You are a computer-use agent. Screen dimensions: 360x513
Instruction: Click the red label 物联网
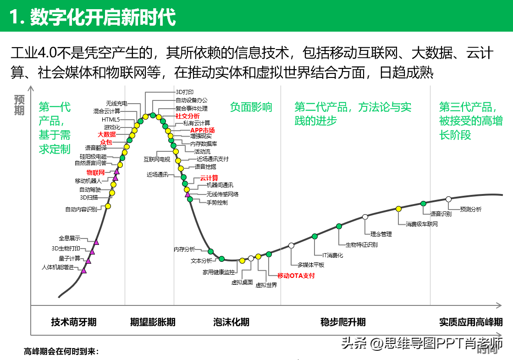pos(96,172)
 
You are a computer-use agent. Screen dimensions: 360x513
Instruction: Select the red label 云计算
pos(209,177)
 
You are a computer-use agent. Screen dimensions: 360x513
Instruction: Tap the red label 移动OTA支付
pos(296,276)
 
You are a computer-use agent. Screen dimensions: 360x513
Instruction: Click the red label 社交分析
pos(188,116)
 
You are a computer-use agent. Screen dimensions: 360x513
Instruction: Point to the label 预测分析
pos(471,209)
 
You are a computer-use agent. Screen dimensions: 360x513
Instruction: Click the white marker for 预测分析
pos(449,199)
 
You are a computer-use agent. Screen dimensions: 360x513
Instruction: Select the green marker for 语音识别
pos(424,203)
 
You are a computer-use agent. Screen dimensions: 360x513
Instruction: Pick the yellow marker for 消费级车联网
pos(399,209)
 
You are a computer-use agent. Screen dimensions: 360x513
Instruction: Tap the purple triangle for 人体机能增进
pos(83,271)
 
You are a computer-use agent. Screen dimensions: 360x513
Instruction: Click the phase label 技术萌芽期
pos(74,321)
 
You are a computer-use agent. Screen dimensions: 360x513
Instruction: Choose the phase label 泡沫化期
pos(232,321)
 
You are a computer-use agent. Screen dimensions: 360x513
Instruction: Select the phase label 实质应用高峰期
pos(471,321)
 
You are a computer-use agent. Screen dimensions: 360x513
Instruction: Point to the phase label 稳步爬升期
pos(343,321)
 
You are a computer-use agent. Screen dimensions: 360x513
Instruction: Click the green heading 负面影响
pos(251,107)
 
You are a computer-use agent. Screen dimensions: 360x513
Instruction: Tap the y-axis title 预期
pos(19,105)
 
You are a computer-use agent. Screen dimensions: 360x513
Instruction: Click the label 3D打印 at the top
pos(185,92)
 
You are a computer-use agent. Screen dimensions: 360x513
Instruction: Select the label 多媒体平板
pos(311,265)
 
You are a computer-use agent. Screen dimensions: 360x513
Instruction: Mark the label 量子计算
pos(69,258)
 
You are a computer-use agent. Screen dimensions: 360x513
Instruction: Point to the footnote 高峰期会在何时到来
pos(61,352)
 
